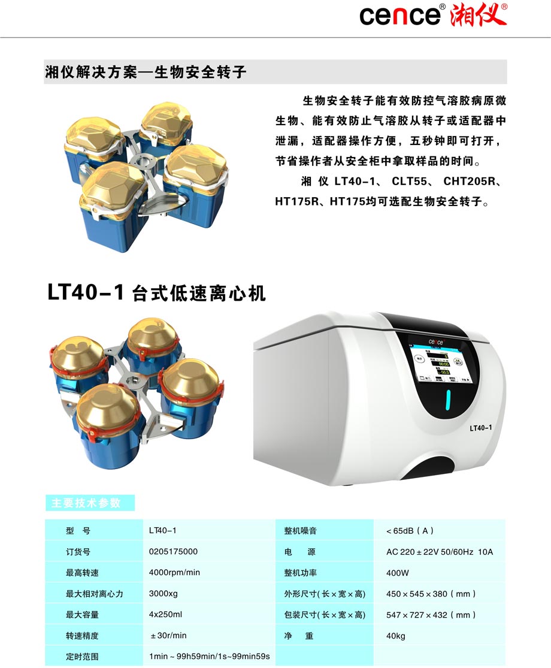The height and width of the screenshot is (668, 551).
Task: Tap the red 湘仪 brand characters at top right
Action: [479, 15]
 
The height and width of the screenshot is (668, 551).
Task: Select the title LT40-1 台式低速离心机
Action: [156, 294]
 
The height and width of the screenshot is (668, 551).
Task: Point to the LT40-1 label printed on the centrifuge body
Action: [480, 428]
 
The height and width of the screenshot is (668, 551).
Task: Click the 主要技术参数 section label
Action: [90, 503]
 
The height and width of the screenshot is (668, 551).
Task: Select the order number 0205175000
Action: [173, 552]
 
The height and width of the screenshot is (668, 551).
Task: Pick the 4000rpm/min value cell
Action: [174, 573]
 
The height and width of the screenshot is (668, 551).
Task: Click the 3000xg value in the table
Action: [164, 594]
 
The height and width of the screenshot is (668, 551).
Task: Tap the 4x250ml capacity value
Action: [165, 615]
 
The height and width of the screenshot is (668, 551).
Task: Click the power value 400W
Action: [398, 573]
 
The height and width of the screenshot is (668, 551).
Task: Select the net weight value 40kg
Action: [396, 636]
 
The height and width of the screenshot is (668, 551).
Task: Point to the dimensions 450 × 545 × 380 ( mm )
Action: [431, 594]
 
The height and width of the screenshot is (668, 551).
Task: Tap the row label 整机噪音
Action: [300, 531]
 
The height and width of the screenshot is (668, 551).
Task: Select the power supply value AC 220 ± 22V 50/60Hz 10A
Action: [440, 552]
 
